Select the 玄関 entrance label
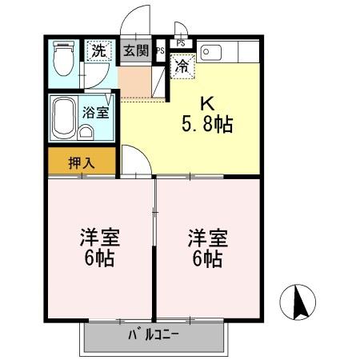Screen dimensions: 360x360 (135, 52)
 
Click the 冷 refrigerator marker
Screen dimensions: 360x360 (182, 66)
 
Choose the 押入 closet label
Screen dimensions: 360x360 (81, 162)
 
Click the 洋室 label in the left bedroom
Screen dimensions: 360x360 (98, 238)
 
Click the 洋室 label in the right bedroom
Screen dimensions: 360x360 (208, 238)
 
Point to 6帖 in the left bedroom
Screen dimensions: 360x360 (98, 258)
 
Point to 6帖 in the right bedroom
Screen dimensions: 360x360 (208, 258)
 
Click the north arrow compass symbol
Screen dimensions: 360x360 (301, 303)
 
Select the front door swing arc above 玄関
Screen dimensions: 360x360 (137, 20)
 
